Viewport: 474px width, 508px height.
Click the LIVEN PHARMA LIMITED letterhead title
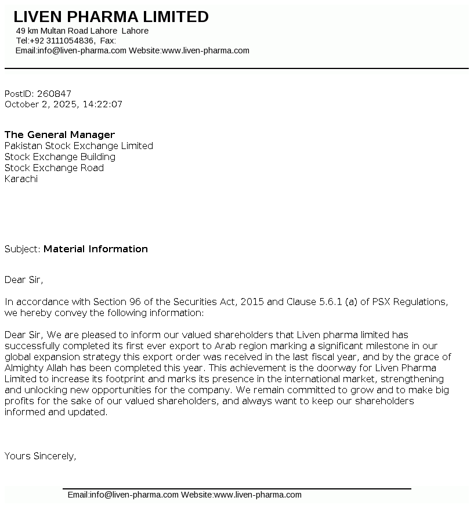point(111,17)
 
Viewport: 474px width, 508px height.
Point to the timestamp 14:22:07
point(103,104)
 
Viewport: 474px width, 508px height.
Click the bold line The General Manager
point(60,135)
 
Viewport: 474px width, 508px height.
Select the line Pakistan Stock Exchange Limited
point(79,146)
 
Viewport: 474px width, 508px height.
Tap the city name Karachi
point(21,179)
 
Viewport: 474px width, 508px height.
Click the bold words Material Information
point(96,249)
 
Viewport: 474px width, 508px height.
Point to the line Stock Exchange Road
point(54,168)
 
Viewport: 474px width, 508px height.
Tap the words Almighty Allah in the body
point(37,368)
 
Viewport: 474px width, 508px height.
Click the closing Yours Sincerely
point(40,456)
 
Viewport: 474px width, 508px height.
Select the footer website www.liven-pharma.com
point(258,495)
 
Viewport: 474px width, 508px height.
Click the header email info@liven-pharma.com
point(82,50)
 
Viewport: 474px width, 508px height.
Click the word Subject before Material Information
point(22,249)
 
